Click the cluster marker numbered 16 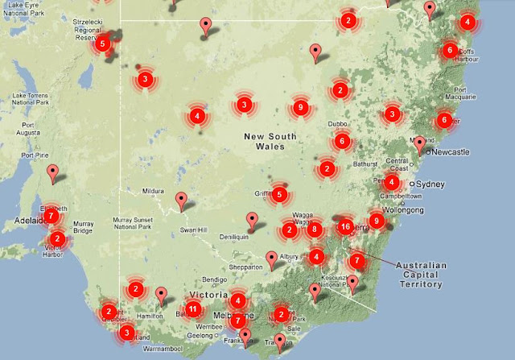tap(346, 226)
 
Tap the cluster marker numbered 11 tap(193, 308)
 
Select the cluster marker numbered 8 tap(315, 230)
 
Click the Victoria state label tap(208, 296)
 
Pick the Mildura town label tap(153, 192)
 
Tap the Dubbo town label tap(338, 124)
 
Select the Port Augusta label tap(19, 130)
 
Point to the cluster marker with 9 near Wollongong tap(376, 220)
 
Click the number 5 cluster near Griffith tap(279, 194)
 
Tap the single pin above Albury tap(272, 259)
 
